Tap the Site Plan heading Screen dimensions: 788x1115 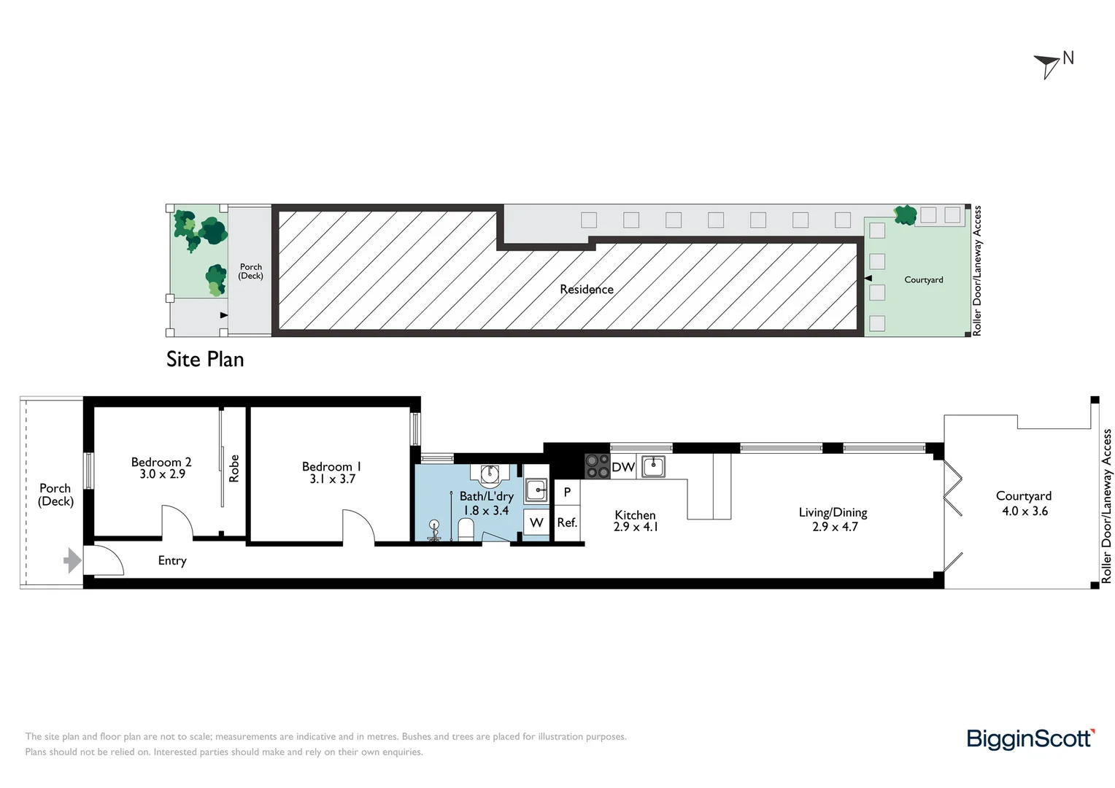coord(205,360)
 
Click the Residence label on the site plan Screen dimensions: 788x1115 coord(587,290)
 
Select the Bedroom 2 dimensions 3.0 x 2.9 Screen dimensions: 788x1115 coord(162,474)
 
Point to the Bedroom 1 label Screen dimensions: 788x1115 coord(331,466)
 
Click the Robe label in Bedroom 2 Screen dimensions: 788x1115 coord(234,468)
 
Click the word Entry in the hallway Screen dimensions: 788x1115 coord(172,560)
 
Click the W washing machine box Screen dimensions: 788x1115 coord(536,522)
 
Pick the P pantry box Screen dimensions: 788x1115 coord(567,492)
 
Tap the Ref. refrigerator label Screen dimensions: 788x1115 coord(567,522)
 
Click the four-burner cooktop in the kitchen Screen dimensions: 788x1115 coord(597,466)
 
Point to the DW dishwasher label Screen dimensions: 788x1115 coord(623,467)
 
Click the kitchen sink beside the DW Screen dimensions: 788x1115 coord(653,466)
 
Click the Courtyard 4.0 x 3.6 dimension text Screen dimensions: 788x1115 coord(1025,511)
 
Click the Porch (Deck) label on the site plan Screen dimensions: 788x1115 coord(251,271)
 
